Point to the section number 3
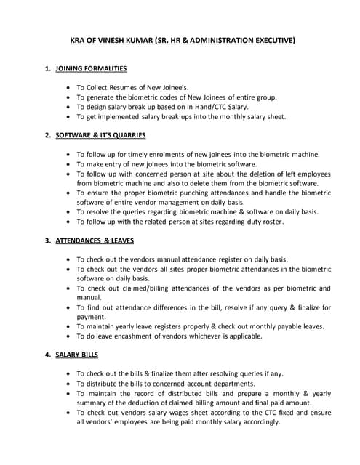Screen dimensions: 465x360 coord(47,240)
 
